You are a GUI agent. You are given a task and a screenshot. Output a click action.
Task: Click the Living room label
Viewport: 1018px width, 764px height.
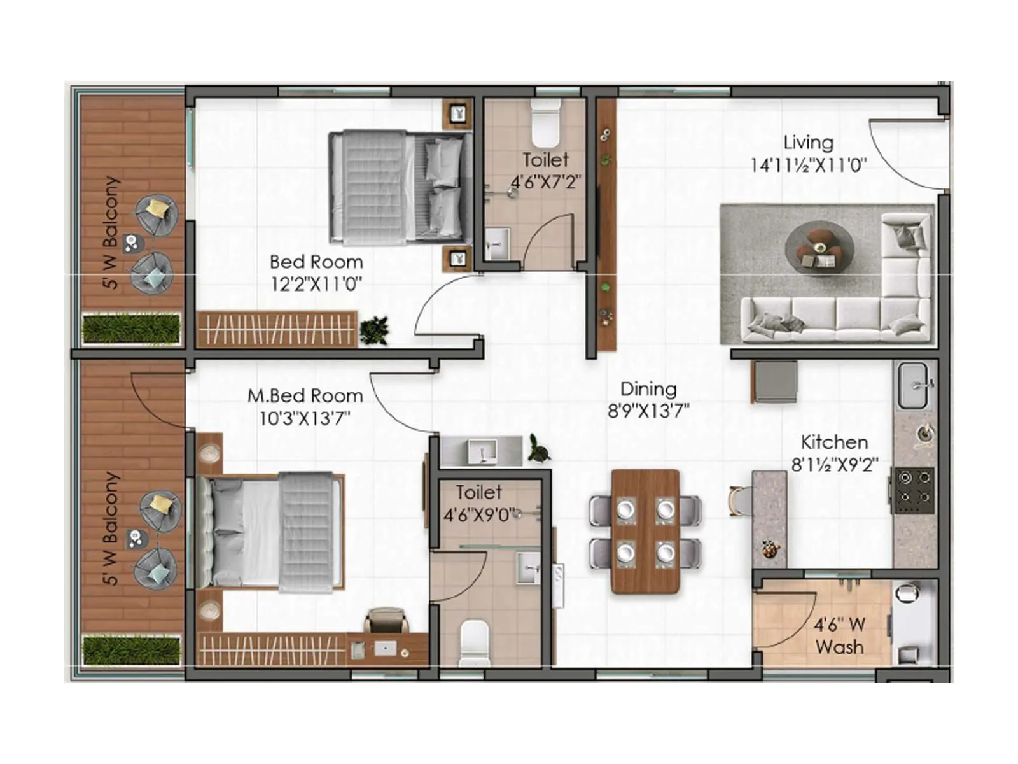808,142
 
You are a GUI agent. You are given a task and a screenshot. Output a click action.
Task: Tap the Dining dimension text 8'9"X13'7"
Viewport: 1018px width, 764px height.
648,411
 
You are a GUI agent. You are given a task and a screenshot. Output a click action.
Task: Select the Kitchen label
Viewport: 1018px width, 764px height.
834,442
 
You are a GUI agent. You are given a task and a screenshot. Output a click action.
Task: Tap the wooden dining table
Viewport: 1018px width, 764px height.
645,532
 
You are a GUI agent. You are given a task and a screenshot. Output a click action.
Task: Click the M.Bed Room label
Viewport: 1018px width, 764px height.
305,395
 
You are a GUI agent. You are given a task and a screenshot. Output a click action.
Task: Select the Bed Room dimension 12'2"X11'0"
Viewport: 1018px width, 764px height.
316,283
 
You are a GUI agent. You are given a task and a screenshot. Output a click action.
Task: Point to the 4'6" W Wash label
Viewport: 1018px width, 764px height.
839,635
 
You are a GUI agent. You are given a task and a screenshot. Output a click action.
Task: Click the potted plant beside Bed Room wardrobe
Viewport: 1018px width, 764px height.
374,330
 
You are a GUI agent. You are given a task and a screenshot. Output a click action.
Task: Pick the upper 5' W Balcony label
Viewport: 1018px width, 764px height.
111,232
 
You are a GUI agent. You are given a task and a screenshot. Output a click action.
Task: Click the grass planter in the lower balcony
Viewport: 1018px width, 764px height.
132,649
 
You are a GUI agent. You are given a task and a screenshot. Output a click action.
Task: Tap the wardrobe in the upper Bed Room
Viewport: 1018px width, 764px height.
277,329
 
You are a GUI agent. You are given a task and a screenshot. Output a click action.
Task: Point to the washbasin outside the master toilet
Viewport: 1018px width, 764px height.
482,451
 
